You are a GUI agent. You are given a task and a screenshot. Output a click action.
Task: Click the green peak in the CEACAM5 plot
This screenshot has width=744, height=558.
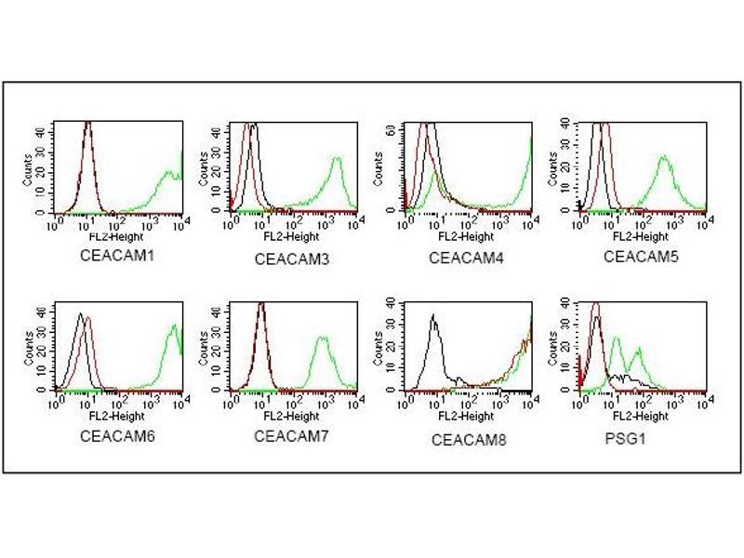pyautogui.click(x=664, y=157)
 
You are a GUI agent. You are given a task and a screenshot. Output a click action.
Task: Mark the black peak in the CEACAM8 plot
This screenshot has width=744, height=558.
pyautogui.click(x=433, y=317)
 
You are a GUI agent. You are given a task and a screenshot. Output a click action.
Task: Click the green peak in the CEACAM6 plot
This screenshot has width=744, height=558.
pyautogui.click(x=174, y=326)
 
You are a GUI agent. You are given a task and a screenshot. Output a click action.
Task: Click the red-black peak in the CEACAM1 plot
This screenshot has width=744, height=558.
pyautogui.click(x=87, y=126)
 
